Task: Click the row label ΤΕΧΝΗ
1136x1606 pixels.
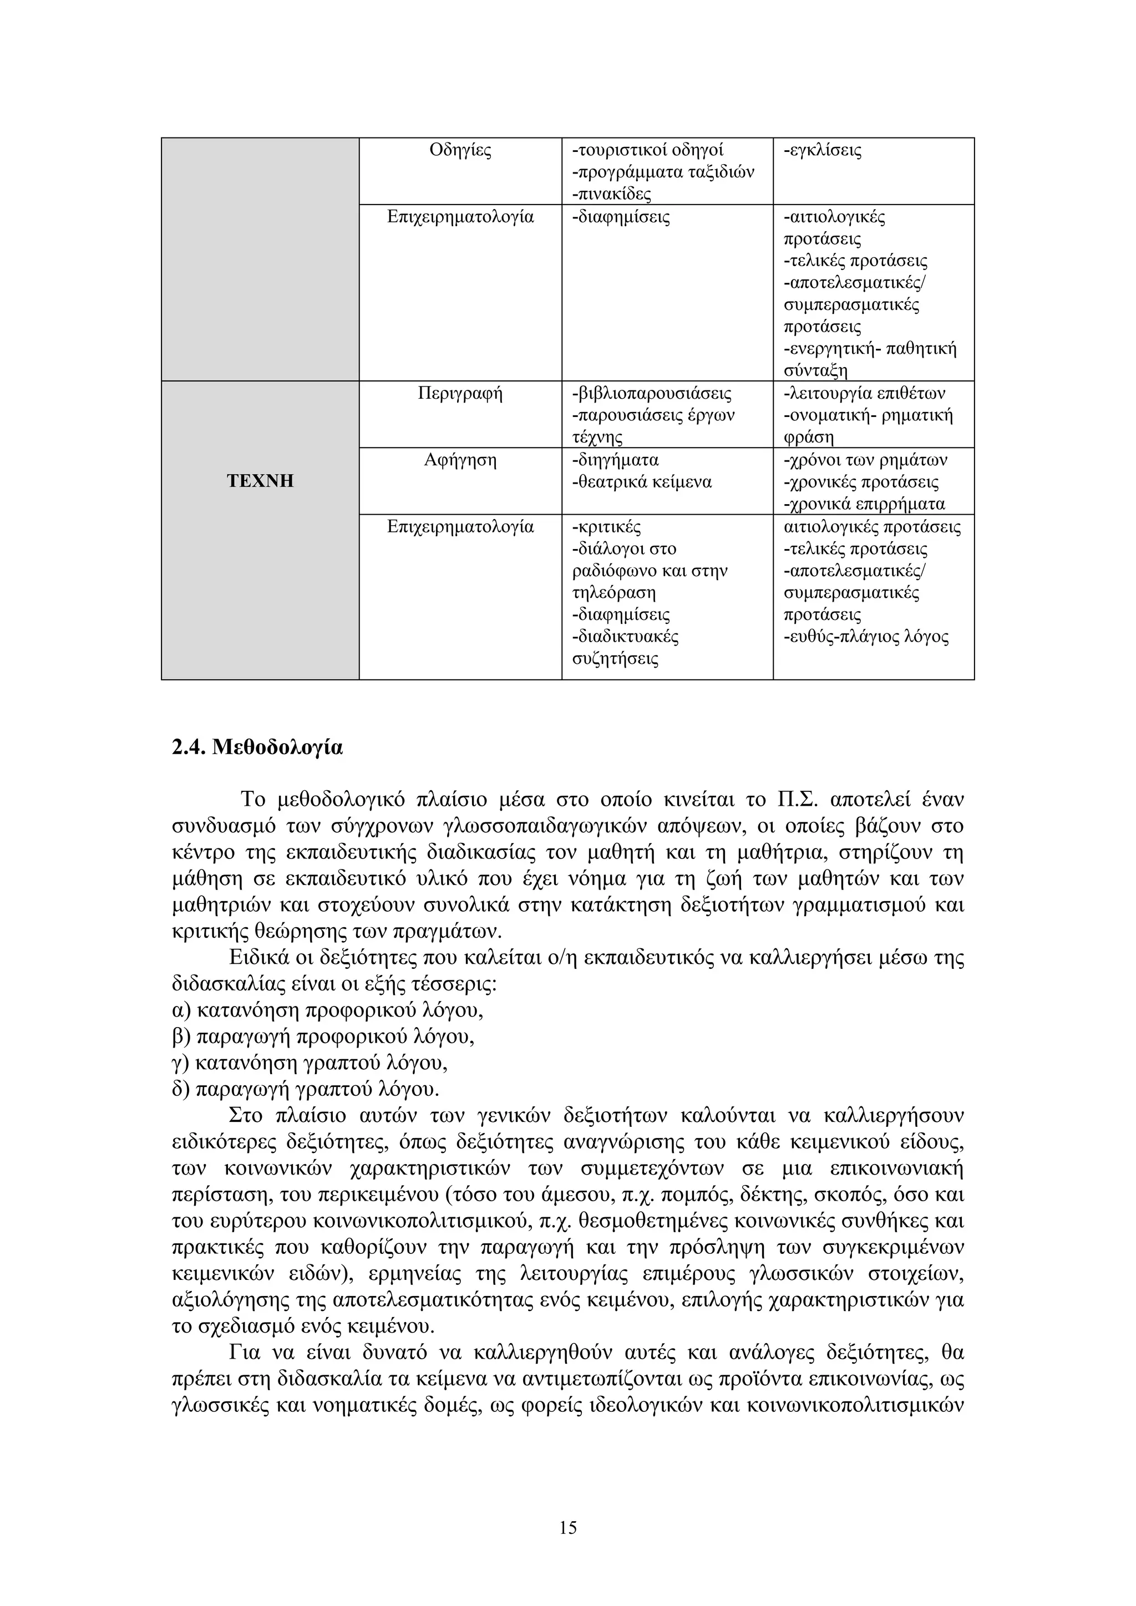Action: [260, 481]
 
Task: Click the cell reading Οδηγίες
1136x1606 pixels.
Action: [460, 150]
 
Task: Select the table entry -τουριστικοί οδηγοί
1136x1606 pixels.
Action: [648, 150]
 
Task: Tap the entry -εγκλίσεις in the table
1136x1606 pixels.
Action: [823, 150]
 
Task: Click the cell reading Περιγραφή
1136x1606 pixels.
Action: [460, 393]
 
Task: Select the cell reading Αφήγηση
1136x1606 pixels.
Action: [460, 460]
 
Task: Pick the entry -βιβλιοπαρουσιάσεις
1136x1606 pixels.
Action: [652, 393]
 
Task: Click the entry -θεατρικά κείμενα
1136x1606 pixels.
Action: [641, 482]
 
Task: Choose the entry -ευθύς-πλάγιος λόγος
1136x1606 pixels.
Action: [866, 637]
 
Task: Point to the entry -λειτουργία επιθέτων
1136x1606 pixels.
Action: [865, 393]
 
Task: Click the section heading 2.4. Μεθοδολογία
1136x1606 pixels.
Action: [257, 748]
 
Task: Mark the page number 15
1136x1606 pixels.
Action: [568, 1528]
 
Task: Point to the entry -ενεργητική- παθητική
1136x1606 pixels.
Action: [870, 349]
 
